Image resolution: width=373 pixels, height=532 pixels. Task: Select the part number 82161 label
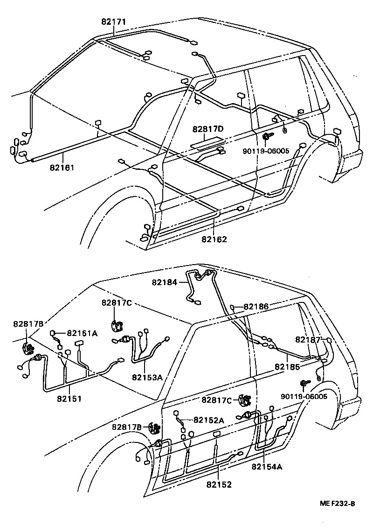pos(62,167)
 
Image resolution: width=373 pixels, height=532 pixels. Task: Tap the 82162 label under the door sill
pos(214,239)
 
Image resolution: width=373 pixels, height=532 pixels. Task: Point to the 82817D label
pos(208,128)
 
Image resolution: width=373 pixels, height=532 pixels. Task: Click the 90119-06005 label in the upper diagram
pos(266,151)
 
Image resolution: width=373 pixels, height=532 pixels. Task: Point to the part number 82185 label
pos(287,367)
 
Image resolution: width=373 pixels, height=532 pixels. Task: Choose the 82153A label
pos(147,377)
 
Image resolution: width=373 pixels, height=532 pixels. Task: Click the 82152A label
pos(208,420)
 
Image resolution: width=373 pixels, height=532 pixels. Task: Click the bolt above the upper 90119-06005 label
pos(268,137)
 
